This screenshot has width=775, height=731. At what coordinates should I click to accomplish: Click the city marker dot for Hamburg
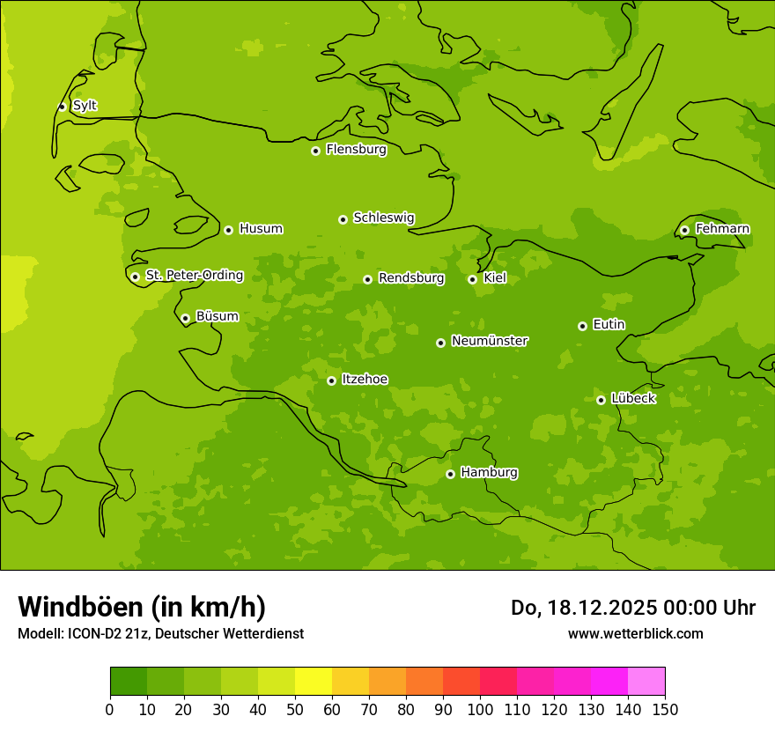pos(450,474)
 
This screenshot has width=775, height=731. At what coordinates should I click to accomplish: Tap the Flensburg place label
pos(356,150)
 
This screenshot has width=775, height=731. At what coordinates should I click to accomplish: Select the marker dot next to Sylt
pos(62,107)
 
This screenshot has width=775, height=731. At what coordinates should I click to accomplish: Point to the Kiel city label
pos(494,278)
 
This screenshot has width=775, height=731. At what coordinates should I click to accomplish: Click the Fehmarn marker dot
pos(684,230)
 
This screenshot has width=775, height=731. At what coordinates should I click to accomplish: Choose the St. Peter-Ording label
pos(194,276)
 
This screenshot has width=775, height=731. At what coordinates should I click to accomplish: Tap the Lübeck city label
pos(632,399)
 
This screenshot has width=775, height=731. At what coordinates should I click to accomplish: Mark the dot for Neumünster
pos(440,343)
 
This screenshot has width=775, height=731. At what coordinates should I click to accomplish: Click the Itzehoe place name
pos(365,380)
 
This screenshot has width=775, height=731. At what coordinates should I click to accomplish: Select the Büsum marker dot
pos(185,318)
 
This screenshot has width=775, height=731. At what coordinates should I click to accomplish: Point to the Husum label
pos(261,229)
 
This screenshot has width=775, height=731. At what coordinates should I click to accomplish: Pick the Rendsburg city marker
pos(367,279)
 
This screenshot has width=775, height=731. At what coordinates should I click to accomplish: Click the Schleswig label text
pos(383,218)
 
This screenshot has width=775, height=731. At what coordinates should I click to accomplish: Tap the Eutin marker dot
pos(582,326)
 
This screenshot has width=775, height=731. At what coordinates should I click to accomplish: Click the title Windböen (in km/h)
pos(142,607)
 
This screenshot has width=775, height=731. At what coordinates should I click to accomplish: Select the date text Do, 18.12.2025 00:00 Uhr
pos(632,608)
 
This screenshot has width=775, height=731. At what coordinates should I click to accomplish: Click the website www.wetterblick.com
pos(635,633)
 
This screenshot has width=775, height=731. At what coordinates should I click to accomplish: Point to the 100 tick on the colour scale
pos(480,709)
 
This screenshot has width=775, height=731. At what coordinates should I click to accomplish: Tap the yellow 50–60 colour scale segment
pos(314,682)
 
